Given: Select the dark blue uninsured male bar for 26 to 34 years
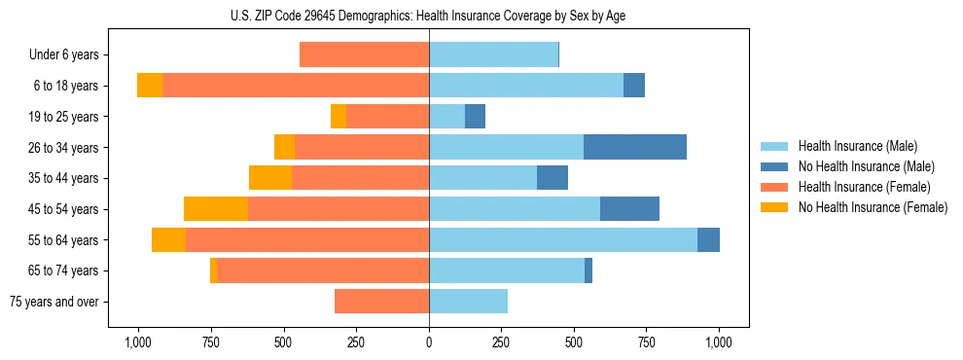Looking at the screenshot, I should coord(635,147).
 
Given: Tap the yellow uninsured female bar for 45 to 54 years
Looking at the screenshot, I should coord(215,209).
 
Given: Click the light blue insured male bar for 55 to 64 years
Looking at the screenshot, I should coord(563,240).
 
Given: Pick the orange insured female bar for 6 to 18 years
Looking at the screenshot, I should coord(296,86).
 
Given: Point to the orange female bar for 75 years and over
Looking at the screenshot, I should coord(381,302).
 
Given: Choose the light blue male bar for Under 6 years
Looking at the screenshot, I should coord(493,54).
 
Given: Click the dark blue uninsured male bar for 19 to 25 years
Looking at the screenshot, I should coord(475,117).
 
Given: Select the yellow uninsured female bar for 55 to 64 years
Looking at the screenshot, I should coord(168,240).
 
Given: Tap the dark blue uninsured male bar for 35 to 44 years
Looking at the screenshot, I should coord(553,178).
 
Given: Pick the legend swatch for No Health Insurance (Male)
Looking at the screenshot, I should coord(774,166).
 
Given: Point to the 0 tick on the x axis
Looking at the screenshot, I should coord(429,342).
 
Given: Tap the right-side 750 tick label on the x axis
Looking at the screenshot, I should coord(646,342).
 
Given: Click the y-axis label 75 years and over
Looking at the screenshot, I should coord(53,302).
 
